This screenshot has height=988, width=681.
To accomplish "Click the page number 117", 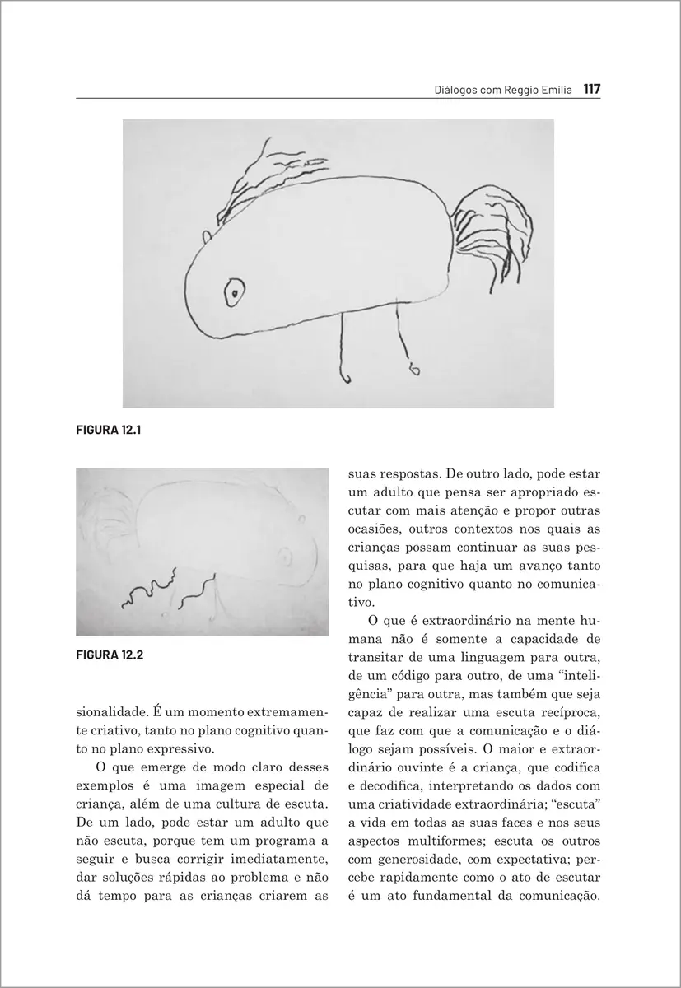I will click(591, 87).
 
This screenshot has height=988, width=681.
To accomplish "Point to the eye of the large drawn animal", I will click(235, 291).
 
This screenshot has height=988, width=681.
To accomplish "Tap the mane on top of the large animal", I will click(259, 181).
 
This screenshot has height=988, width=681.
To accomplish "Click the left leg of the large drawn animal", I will click(343, 346).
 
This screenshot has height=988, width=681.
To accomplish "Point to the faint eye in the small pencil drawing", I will click(285, 558).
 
